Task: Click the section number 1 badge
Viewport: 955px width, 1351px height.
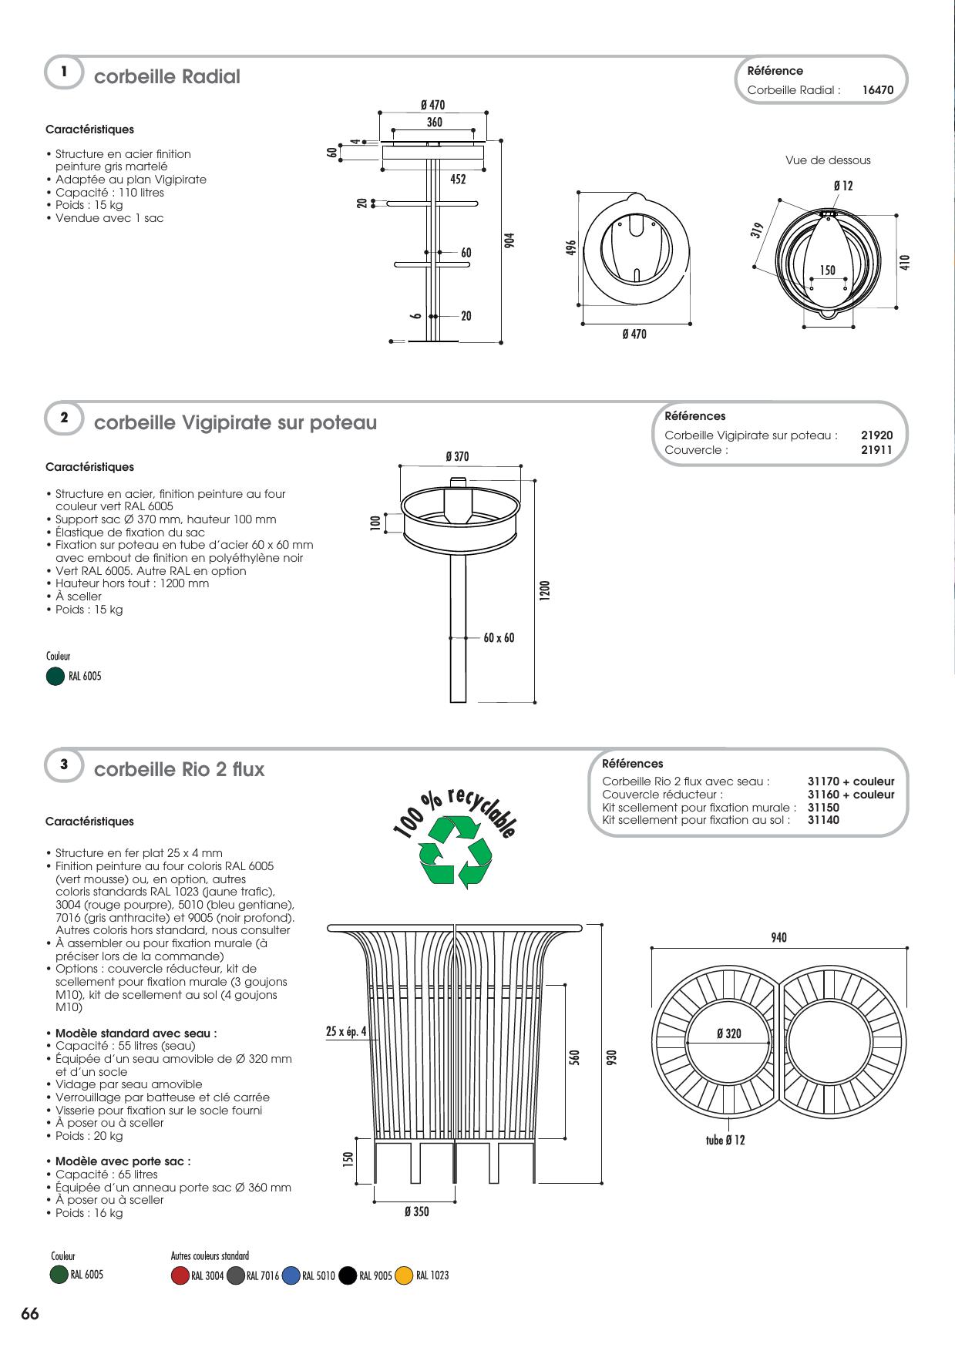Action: (64, 72)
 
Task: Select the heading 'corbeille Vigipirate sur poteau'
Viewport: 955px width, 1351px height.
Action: (235, 422)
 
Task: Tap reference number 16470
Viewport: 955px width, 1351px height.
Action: (878, 89)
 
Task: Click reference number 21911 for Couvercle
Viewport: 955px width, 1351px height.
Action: (877, 450)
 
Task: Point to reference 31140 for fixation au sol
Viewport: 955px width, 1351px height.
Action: (823, 820)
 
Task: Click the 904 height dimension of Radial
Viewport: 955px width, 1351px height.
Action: (509, 240)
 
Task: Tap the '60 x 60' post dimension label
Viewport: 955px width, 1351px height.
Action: (499, 637)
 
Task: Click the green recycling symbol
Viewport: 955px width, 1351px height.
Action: (456, 852)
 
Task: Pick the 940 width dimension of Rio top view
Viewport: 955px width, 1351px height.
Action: (778, 937)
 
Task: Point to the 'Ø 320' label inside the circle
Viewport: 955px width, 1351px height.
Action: (728, 1033)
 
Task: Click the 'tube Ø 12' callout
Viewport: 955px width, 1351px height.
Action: (725, 1140)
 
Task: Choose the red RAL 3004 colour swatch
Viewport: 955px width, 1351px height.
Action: (180, 1275)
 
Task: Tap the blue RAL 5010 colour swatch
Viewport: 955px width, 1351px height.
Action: (291, 1275)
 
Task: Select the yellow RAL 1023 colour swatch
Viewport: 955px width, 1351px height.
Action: (404, 1275)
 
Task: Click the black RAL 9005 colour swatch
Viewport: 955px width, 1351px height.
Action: (348, 1275)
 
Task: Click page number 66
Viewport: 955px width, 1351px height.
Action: (30, 1315)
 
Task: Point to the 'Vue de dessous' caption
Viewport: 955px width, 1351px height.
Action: (828, 160)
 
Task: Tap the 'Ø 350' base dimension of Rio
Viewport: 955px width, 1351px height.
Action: (416, 1212)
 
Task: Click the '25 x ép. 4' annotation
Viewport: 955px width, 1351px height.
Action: (347, 1031)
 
